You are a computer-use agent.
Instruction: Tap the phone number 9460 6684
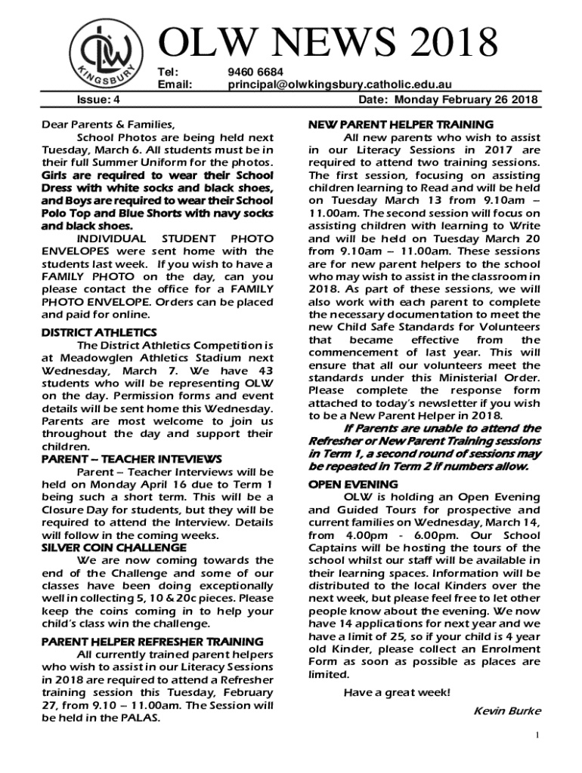255,72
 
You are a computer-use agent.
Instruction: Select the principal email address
340,85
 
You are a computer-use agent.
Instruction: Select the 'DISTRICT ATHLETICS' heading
99,332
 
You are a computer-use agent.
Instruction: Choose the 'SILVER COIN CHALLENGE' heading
113,547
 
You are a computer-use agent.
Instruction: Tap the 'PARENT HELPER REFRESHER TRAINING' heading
152,641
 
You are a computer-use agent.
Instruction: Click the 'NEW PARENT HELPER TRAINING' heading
401,124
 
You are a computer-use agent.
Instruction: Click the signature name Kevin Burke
506,710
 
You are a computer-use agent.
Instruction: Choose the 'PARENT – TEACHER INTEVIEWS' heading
132,459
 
